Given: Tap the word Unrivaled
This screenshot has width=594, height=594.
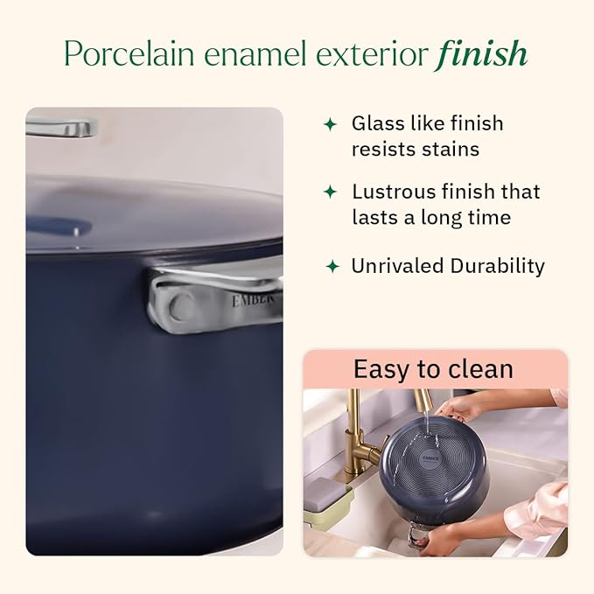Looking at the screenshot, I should coord(398,266).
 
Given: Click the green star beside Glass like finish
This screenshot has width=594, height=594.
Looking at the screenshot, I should coord(330,124).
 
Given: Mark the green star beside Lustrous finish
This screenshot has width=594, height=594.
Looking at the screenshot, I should coord(330,192).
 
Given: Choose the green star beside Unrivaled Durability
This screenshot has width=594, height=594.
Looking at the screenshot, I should coord(332,266).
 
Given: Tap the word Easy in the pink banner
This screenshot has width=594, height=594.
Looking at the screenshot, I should coord(380,369).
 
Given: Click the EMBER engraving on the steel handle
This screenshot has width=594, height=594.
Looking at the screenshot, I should coord(254,299).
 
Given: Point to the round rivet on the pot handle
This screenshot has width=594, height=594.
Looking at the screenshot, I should coord(183,306).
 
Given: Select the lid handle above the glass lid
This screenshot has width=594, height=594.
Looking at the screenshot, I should coord(59,128).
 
